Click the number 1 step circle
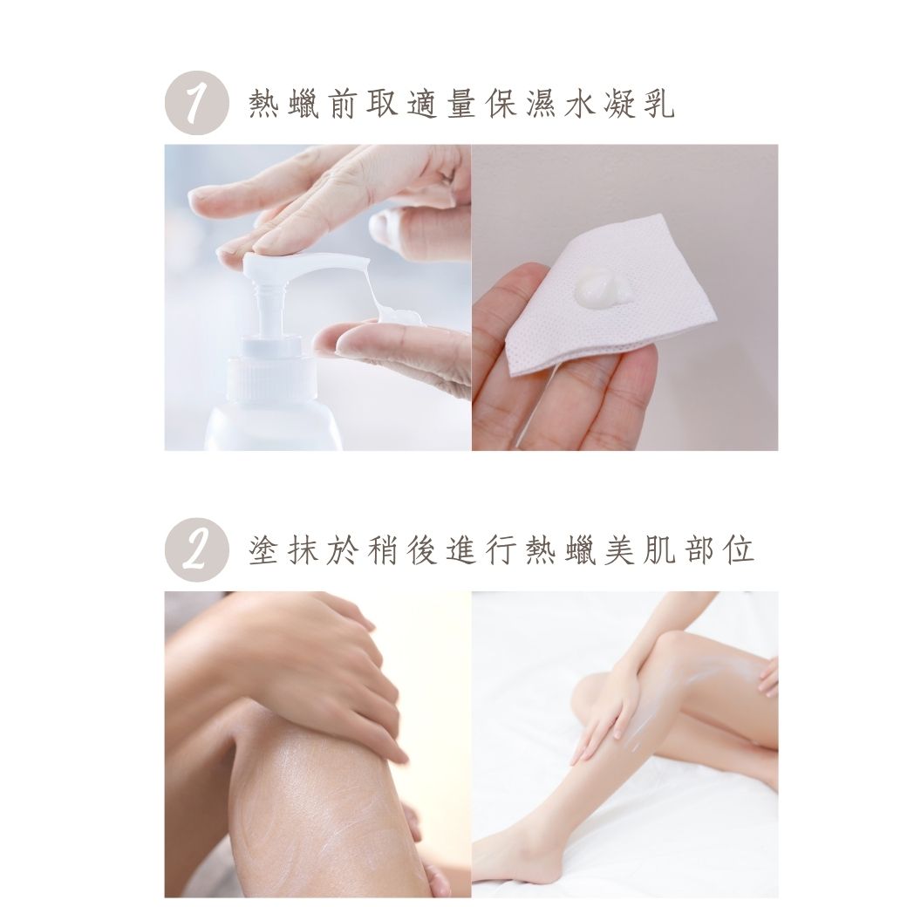point(197,103)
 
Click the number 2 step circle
point(197,549)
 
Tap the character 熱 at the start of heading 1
point(263,104)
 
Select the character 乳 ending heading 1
point(658,104)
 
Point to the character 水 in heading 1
point(580,104)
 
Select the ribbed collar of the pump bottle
point(272,378)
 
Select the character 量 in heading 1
point(461,104)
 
